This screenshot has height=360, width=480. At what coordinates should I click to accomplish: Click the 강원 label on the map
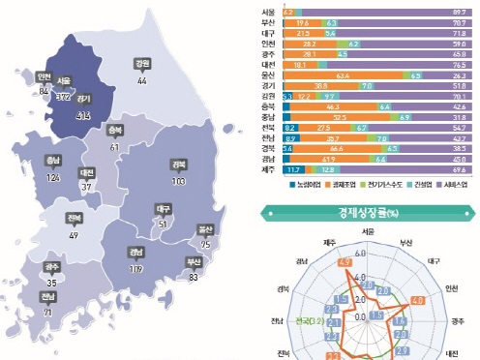143,65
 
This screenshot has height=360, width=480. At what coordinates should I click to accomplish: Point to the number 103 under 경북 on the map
177,181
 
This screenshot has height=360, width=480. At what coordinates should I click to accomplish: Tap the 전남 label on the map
47,296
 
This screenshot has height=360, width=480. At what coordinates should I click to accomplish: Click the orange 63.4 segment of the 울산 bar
343,75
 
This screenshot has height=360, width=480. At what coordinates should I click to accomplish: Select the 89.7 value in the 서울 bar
460,12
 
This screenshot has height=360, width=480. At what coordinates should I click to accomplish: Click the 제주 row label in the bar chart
267,170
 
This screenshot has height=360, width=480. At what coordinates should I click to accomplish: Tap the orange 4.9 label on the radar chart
317,261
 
